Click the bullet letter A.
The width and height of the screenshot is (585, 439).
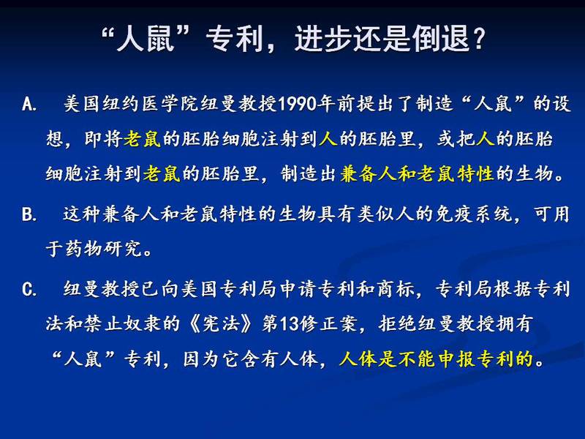[29, 104]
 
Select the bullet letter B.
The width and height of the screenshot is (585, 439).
[29, 214]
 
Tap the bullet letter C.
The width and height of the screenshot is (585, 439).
[29, 289]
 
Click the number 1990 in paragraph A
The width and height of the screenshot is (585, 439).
[298, 104]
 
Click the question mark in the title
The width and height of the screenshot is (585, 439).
[479, 39]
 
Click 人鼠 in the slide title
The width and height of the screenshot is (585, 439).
[146, 39]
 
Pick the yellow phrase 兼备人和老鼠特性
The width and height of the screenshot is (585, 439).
[417, 173]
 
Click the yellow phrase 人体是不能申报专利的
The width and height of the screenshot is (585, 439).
[436, 359]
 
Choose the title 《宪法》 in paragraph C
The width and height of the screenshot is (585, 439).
[222, 323]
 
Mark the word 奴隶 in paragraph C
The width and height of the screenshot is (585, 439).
[142, 323]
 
